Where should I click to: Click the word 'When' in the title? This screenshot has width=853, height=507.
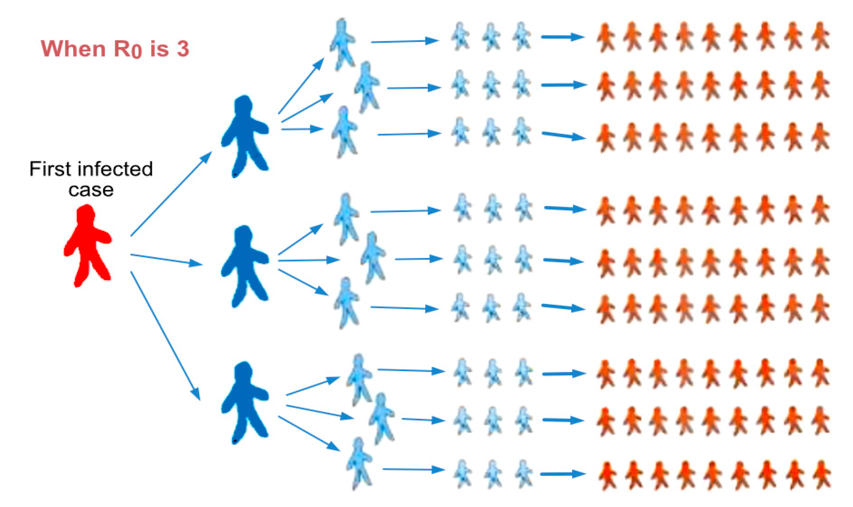pyautogui.click(x=73, y=48)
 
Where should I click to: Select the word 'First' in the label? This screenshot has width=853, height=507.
pyautogui.click(x=50, y=169)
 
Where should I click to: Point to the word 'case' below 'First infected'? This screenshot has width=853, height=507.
pyautogui.click(x=91, y=190)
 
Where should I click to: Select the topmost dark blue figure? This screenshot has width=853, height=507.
pyautogui.click(x=245, y=136)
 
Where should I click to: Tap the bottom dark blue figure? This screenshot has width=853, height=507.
pyautogui.click(x=245, y=402)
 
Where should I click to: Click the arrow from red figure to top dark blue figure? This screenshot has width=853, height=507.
pyautogui.click(x=171, y=194)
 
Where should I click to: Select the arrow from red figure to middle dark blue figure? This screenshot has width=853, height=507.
pyautogui.click(x=166, y=260)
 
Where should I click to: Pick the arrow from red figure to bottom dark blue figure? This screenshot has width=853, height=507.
pyautogui.click(x=165, y=336)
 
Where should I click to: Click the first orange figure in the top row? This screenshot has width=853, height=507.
pyautogui.click(x=606, y=38)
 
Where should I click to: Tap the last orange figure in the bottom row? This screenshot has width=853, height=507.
pyautogui.click(x=821, y=474)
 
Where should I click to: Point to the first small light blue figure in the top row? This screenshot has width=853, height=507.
pyautogui.click(x=460, y=37)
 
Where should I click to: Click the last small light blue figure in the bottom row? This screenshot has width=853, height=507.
pyautogui.click(x=524, y=473)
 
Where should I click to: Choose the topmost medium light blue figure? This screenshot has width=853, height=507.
pyautogui.click(x=342, y=44)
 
